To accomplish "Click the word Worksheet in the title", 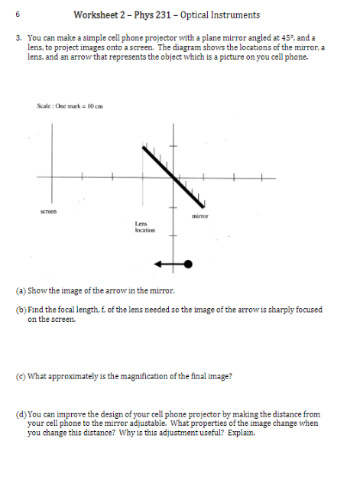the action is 96,15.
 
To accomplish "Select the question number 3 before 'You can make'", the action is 17,36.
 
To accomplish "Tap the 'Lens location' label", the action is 144,226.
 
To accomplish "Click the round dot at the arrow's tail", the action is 187,264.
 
